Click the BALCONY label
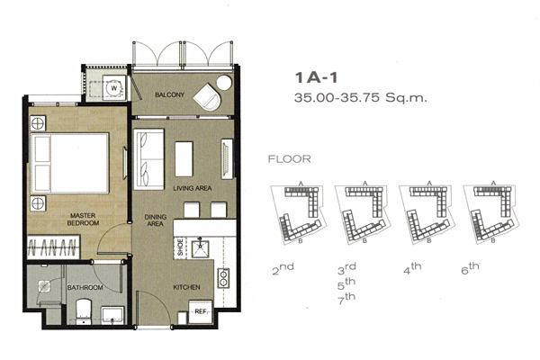(169, 94)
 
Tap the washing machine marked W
(113, 88)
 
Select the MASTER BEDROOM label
(83, 220)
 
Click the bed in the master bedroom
(70, 163)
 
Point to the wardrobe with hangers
(53, 247)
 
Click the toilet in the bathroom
(84, 311)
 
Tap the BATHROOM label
(85, 287)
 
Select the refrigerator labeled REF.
(201, 311)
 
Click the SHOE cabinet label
(180, 247)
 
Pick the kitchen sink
(200, 249)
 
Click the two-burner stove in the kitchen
(223, 278)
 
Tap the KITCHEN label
(186, 287)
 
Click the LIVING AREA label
(193, 188)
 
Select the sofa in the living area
(148, 159)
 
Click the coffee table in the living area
(184, 158)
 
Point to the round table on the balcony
(224, 83)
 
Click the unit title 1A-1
(316, 77)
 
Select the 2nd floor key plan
(298, 214)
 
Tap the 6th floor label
(470, 267)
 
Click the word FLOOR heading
(289, 158)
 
